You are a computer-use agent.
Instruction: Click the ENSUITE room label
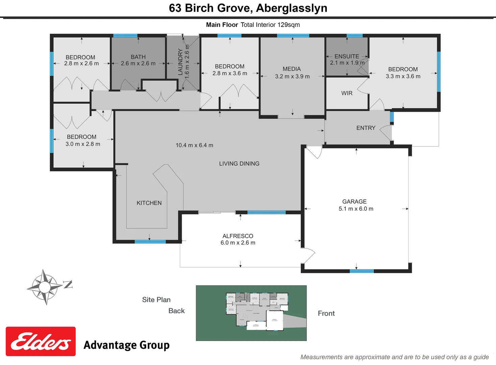[x=347, y=56]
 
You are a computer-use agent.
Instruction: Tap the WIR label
[x=347, y=93]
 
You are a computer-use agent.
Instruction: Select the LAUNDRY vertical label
[x=180, y=62]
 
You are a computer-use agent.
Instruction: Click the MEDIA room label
[x=292, y=69]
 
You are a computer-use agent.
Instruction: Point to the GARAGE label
[x=354, y=201]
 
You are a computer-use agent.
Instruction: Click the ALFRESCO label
[x=238, y=236]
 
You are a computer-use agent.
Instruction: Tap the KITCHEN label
[x=149, y=203]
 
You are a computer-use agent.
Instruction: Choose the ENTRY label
[x=366, y=128]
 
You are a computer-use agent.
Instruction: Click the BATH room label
[x=138, y=57]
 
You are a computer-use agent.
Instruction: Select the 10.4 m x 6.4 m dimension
[x=194, y=145]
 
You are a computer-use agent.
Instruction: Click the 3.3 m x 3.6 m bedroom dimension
[x=403, y=76]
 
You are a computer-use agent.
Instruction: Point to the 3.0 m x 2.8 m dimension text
[x=83, y=144]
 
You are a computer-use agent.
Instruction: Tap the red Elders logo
[x=41, y=341]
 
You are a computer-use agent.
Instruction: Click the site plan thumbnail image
[x=251, y=313]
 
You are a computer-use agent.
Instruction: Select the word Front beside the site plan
[x=326, y=313]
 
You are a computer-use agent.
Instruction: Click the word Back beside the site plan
[x=176, y=311]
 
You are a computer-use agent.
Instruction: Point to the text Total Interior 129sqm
[x=270, y=25]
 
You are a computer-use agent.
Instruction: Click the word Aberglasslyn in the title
[x=291, y=8]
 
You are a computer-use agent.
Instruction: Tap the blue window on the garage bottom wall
[x=362, y=271]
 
